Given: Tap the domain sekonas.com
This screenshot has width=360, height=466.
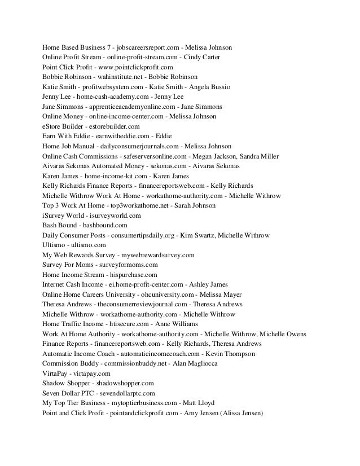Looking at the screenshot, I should click(162, 166).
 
